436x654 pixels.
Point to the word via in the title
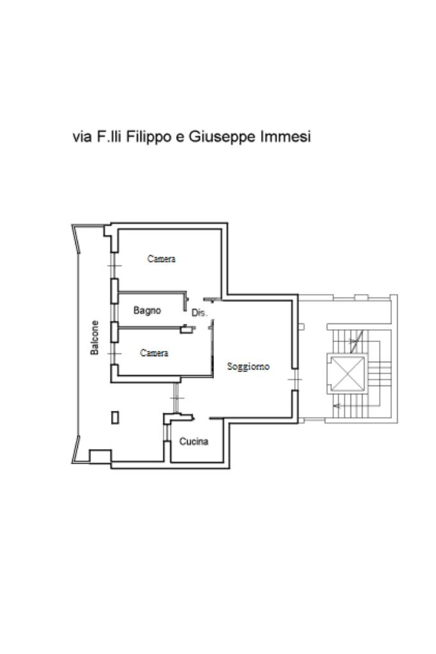click(82, 137)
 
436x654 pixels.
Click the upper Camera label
click(161, 259)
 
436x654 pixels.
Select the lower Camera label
click(154, 353)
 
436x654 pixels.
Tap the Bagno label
click(147, 311)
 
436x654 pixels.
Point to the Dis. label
click(199, 313)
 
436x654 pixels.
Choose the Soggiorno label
click(248, 367)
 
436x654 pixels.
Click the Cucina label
click(193, 442)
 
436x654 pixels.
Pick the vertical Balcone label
click(94, 338)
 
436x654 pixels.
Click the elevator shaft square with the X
click(345, 373)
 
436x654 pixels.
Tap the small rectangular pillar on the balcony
click(115, 418)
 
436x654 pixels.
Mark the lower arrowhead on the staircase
click(337, 406)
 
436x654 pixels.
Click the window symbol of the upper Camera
click(113, 265)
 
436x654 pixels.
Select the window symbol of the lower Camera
click(113, 352)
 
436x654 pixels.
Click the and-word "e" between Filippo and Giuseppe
click(180, 137)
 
